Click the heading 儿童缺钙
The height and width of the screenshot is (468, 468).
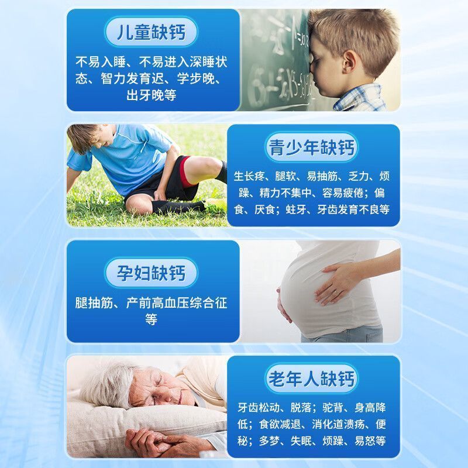point(151,32)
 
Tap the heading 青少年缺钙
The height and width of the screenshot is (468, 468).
point(311,147)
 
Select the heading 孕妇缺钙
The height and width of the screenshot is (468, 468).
point(151,273)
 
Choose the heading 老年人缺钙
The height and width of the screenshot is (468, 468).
point(311,378)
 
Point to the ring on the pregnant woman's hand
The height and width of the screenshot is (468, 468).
point(337,292)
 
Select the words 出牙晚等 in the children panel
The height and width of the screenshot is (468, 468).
point(151,95)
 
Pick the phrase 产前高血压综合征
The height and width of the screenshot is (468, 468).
point(177,303)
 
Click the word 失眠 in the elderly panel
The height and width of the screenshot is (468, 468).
point(301,441)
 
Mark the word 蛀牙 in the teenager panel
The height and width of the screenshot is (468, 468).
point(296,209)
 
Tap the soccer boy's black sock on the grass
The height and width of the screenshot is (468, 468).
point(176,206)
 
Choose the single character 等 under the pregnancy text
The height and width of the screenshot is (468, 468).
point(151,319)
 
